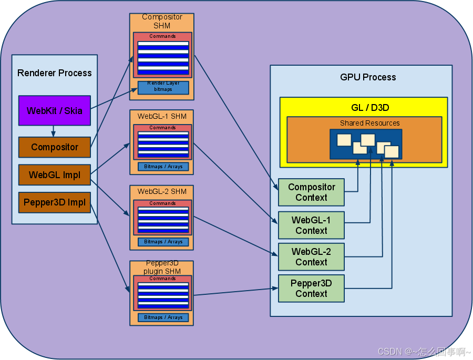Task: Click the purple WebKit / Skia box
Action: (x=55, y=110)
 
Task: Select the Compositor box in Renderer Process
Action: (x=55, y=147)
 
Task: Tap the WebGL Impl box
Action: (x=55, y=174)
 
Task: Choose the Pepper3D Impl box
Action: (x=55, y=202)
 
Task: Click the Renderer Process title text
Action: (x=55, y=73)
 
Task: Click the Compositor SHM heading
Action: (x=162, y=21)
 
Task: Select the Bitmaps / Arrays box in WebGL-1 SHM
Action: (x=163, y=167)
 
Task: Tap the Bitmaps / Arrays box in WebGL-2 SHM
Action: (x=163, y=242)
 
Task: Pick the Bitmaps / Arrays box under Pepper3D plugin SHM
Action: (x=163, y=317)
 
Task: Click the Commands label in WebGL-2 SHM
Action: (x=162, y=203)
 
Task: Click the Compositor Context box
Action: (x=311, y=192)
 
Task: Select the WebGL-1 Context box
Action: (x=311, y=225)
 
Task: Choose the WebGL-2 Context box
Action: (x=311, y=257)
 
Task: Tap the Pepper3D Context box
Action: (x=311, y=289)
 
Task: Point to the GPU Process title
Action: (x=368, y=77)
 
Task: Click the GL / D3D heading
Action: (x=370, y=107)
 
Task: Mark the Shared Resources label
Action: (x=370, y=123)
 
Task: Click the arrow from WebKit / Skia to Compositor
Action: (x=54, y=131)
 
